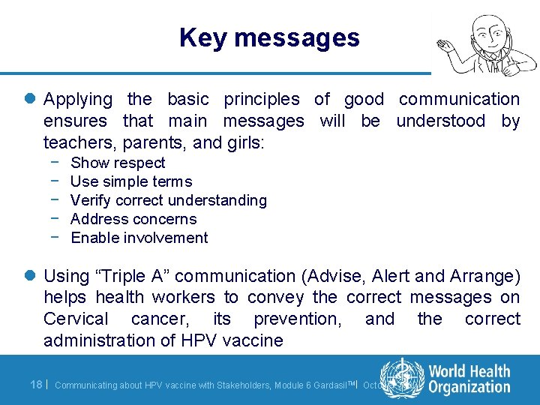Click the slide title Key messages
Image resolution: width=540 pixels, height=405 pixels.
coord(269,37)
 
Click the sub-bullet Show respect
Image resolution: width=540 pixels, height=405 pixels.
coord(118,163)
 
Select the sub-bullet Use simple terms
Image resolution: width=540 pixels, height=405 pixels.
coord(131,181)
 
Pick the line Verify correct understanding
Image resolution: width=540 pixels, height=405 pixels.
coord(169,200)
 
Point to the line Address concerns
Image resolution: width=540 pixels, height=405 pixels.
coord(133,219)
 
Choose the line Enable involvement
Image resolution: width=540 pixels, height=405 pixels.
coord(139,238)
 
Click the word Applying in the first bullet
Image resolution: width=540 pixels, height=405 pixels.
coord(78,99)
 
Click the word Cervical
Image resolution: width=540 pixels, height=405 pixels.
coord(76,319)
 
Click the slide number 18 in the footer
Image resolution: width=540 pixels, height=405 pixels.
coord(35,384)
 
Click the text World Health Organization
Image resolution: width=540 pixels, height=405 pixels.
coord(469,379)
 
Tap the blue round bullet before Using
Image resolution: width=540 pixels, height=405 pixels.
coord(31,277)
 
